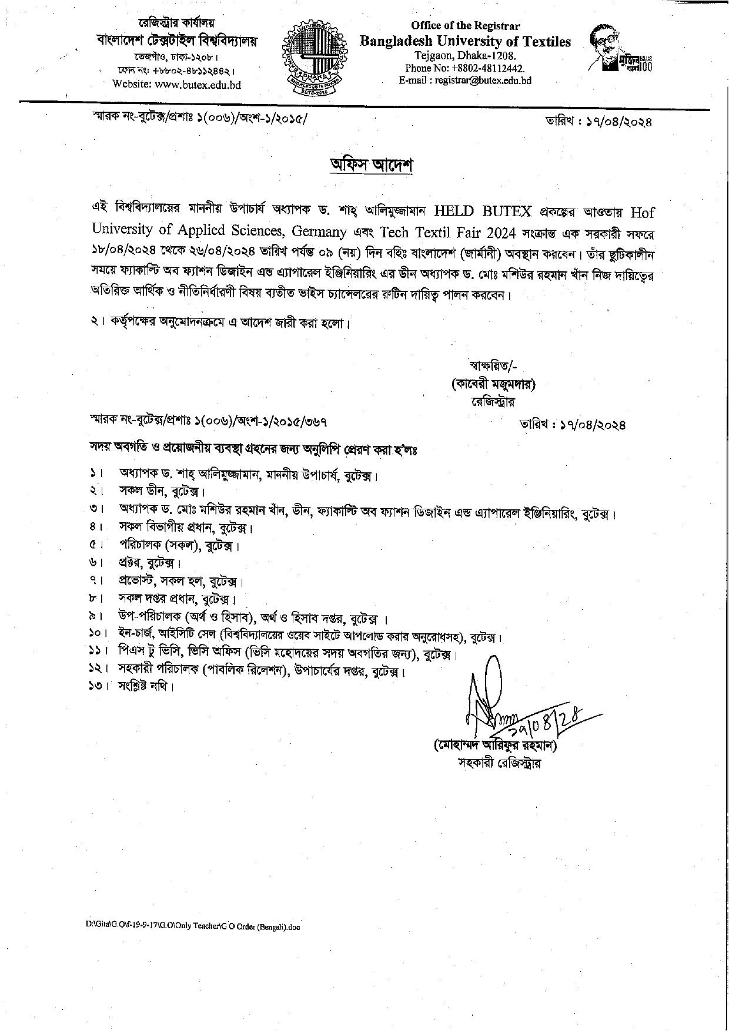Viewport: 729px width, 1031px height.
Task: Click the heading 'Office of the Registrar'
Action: pos(465,26)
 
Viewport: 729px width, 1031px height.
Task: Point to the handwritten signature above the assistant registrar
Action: pos(506,705)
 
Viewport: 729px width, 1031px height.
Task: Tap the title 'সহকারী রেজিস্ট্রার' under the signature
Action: pos(500,763)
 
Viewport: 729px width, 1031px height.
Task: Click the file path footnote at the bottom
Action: pos(193,927)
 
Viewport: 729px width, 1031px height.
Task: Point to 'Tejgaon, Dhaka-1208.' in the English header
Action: pos(465,56)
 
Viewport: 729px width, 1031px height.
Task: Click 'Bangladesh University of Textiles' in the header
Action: pos(465,42)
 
